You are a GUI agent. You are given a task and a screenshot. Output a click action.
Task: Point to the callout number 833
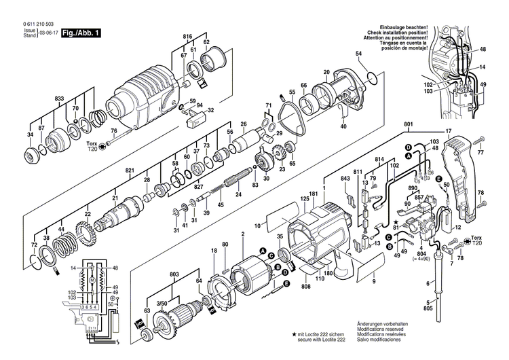(x=60, y=100)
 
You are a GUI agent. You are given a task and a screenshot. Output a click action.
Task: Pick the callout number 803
(x=175, y=274)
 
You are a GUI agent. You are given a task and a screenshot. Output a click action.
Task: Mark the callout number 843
(x=345, y=179)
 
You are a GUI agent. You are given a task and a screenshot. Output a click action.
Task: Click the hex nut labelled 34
(x=31, y=151)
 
